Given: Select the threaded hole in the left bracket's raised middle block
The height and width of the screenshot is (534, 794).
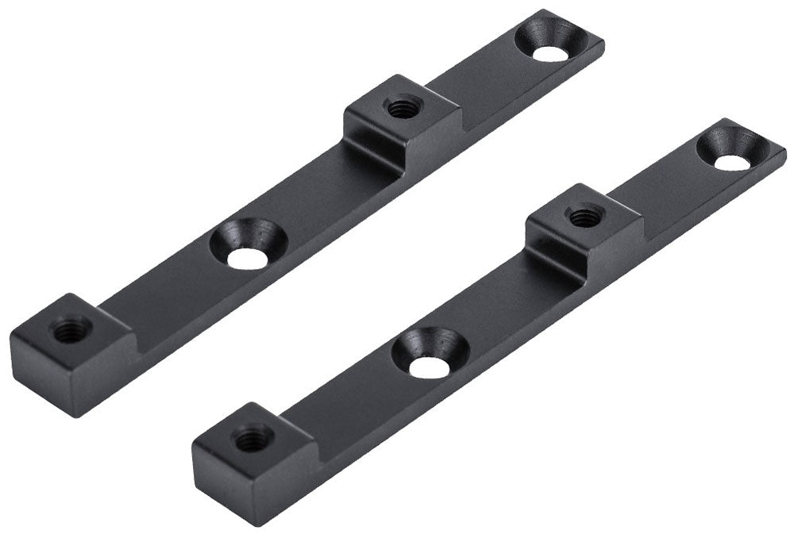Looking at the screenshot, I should click(403, 106).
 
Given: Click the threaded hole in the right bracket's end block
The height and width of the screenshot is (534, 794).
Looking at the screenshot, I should click(253, 436).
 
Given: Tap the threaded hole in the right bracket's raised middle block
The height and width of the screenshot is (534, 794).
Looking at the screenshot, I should click(585, 214).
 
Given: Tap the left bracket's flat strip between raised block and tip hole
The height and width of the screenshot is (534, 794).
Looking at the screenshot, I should click(484, 87).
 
